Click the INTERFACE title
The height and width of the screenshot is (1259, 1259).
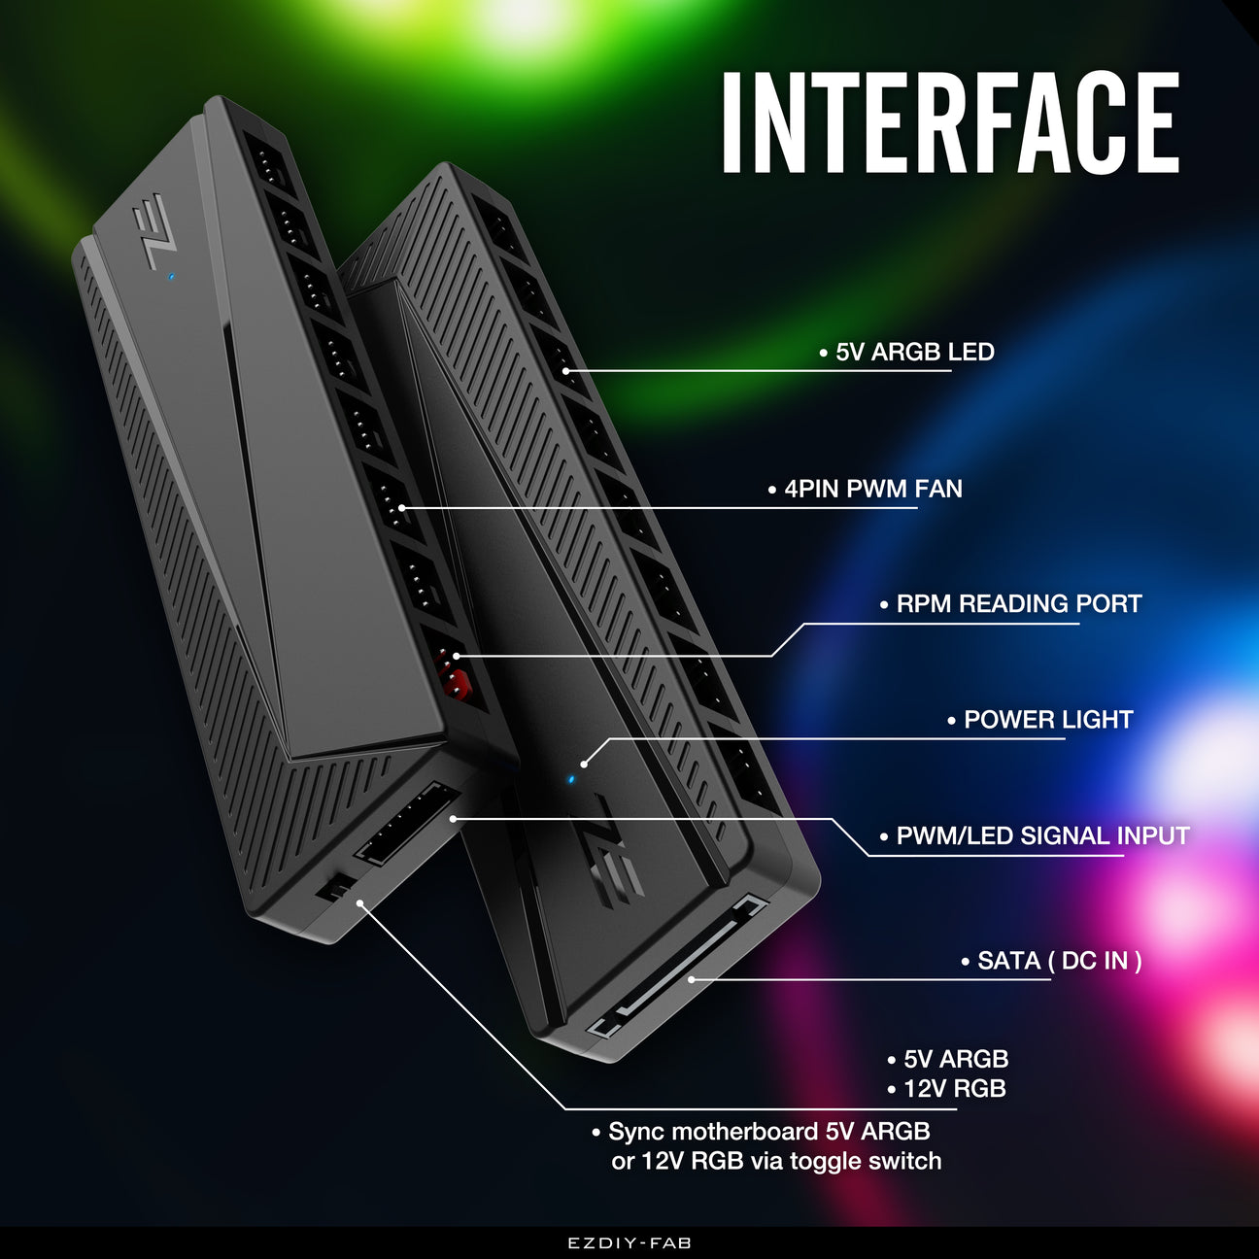pyautogui.click(x=950, y=122)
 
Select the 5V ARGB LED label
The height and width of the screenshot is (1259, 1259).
pyautogui.click(x=914, y=352)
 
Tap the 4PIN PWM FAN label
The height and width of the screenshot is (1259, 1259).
pyautogui.click(x=872, y=489)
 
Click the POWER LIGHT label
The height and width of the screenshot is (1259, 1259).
pyautogui.click(x=1047, y=720)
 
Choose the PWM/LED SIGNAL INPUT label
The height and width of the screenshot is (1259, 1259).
pyautogui.click(x=1041, y=835)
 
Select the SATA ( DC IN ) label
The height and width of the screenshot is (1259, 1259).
pyautogui.click(x=1059, y=961)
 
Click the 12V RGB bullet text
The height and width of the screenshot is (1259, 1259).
pyautogui.click(x=954, y=1089)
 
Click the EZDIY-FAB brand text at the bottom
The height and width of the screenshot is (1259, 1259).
pyautogui.click(x=629, y=1242)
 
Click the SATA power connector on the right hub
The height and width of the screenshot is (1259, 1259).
pyautogui.click(x=680, y=971)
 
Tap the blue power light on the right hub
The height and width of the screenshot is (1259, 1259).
pyautogui.click(x=571, y=778)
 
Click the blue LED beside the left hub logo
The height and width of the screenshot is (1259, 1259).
pyautogui.click(x=171, y=276)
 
